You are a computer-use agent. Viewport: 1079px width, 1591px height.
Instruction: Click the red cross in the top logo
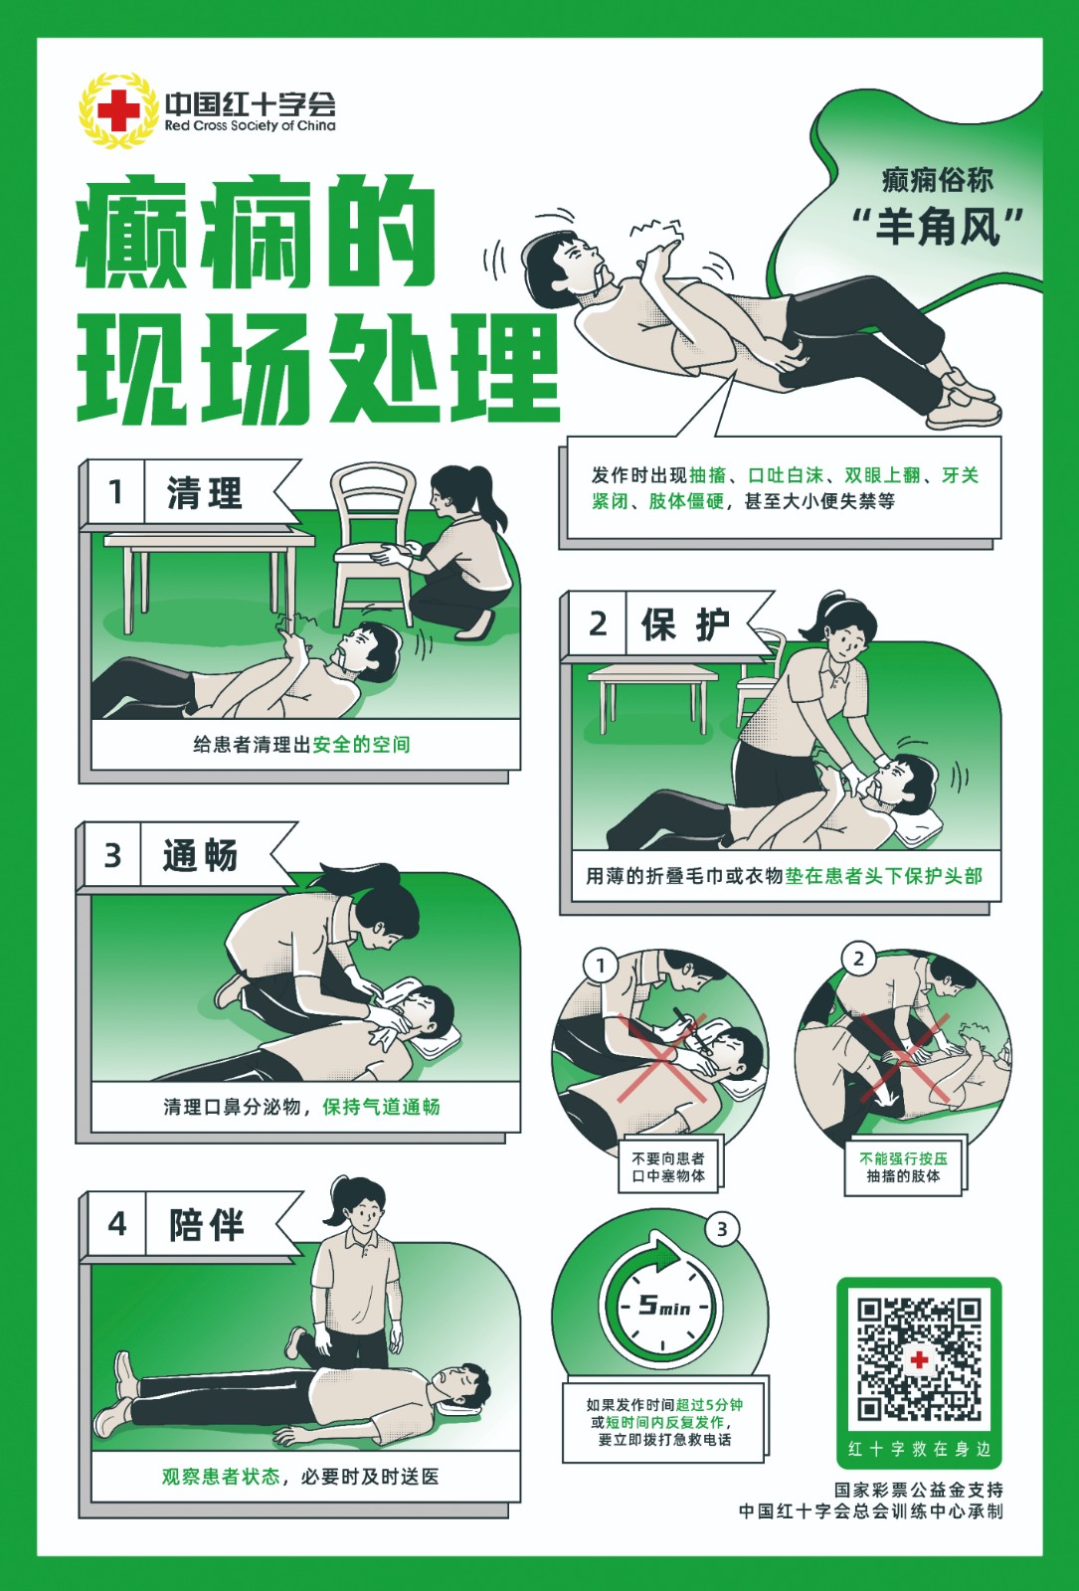tap(118, 110)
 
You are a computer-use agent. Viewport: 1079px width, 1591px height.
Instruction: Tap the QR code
tap(919, 1359)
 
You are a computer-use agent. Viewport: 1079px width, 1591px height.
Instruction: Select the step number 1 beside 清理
tap(115, 491)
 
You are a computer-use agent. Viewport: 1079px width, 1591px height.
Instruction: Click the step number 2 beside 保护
tap(598, 623)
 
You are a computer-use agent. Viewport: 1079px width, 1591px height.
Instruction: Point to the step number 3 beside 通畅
tap(113, 855)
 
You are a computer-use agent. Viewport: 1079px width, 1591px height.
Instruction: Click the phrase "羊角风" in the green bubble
tap(938, 227)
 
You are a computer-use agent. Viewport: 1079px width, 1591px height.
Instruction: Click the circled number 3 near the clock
tap(722, 1229)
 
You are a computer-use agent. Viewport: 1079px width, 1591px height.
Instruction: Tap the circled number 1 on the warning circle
tap(601, 966)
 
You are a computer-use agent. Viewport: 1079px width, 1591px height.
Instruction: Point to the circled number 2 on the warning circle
tap(859, 959)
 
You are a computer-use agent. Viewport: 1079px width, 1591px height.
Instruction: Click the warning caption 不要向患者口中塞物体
tap(668, 1167)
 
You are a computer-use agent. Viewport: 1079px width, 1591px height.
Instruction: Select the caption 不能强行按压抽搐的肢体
tap(903, 1167)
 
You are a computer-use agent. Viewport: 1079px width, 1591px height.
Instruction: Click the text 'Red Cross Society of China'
tap(250, 125)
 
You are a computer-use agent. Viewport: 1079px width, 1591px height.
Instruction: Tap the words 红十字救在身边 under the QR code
tap(919, 1449)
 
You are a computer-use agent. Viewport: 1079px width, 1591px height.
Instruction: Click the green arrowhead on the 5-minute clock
tap(665, 1258)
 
